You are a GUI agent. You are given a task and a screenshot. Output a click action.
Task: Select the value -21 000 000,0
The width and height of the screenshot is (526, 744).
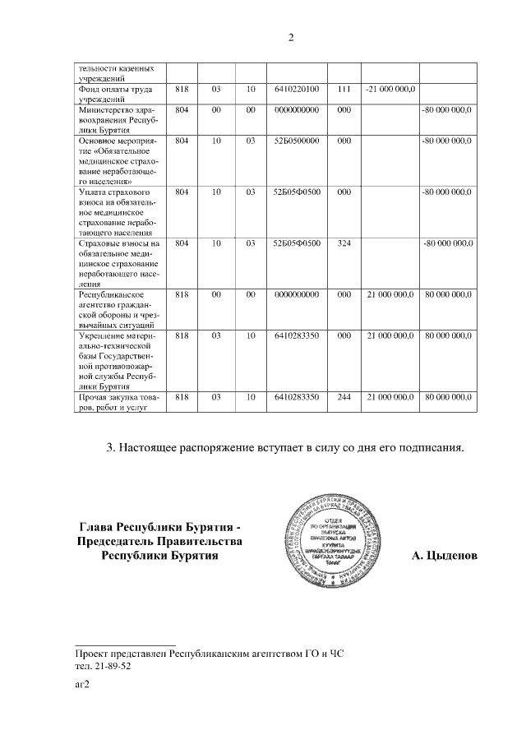click(x=390, y=88)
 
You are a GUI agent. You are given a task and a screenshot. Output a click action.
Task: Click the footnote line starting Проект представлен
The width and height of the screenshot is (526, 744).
click(x=210, y=653)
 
